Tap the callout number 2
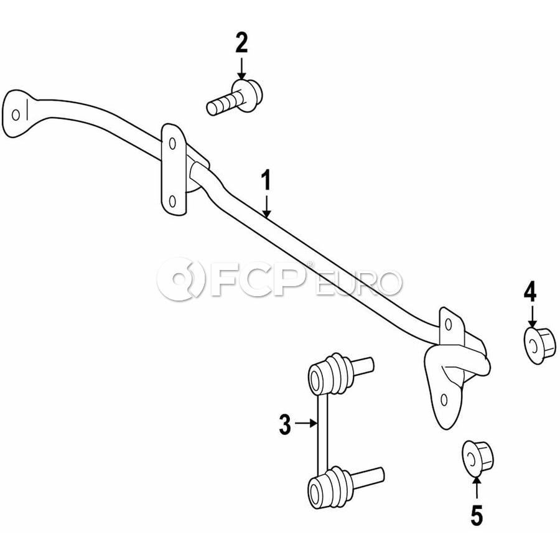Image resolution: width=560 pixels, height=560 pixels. (241, 42)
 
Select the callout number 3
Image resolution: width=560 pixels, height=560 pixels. (284, 424)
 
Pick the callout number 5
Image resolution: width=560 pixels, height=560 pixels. (477, 515)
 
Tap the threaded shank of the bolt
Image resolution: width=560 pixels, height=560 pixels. (222, 104)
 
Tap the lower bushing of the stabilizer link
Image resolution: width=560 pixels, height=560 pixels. (330, 487)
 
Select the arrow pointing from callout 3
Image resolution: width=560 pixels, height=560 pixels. (306, 423)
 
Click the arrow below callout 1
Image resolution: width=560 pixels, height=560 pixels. (266, 205)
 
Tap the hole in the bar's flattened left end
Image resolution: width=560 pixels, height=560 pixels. (16, 114)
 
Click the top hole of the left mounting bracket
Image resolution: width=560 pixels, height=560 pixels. (172, 144)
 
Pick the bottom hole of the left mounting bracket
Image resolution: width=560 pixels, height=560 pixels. (172, 202)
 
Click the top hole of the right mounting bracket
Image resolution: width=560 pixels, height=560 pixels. (449, 324)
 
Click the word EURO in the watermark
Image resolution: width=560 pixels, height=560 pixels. (358, 284)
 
